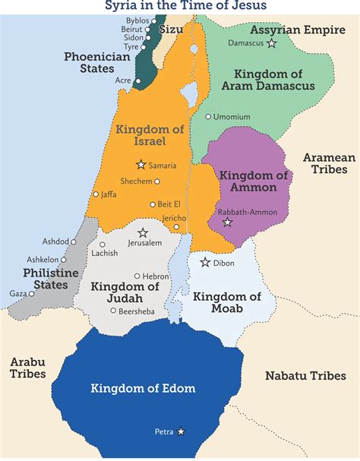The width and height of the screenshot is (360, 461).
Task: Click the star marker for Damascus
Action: [x=272, y=43]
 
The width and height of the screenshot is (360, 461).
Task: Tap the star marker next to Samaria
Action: [x=141, y=164]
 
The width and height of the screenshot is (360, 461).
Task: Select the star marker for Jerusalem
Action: [x=142, y=232]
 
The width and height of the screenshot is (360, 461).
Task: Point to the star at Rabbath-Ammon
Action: [x=227, y=223]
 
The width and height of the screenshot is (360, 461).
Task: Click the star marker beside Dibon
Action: [x=205, y=263]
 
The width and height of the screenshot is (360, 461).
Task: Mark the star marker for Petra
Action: [x=181, y=431]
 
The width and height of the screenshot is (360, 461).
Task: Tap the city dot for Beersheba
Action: [x=113, y=310]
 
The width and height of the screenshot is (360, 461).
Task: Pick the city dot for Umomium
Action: [x=208, y=116]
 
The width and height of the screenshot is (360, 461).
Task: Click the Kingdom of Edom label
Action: [x=143, y=388]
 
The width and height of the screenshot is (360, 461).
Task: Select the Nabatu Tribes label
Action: [x=306, y=375]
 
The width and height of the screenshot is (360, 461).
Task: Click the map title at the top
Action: [x=179, y=6]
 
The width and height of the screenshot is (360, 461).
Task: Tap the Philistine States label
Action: [x=45, y=279]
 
